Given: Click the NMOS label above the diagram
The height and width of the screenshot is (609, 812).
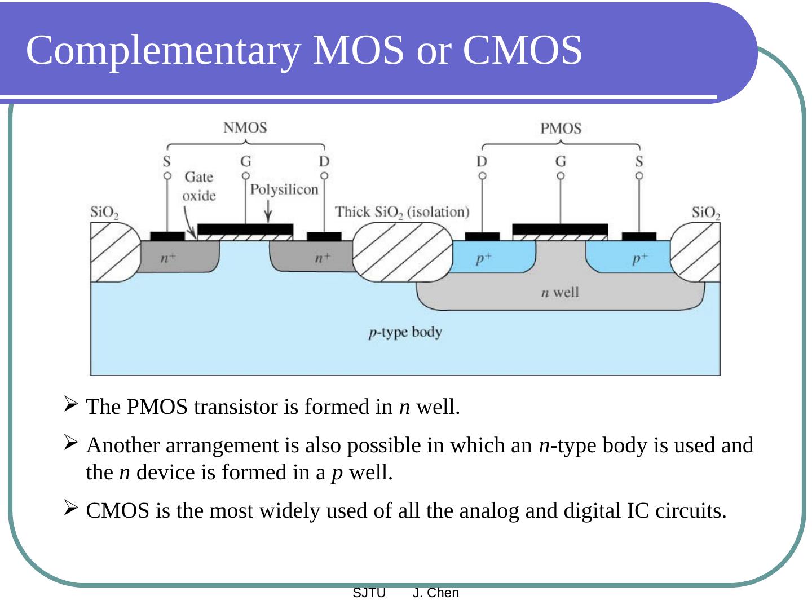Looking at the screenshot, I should point(245,127).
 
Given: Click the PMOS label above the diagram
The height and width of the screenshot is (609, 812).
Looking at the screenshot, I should point(561,129).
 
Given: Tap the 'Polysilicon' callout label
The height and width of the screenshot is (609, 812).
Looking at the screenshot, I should point(284,189).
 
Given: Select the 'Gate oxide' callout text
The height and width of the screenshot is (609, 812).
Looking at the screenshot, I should point(199,186).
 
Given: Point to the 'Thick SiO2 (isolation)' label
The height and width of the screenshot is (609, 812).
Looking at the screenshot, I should point(402,212).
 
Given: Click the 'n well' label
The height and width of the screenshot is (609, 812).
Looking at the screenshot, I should point(560,292).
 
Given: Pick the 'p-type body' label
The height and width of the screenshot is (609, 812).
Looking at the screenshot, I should point(405,332).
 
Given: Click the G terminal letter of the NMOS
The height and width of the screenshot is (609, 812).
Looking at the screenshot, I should point(246,161).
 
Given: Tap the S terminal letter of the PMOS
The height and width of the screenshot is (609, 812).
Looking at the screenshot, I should point(639,162).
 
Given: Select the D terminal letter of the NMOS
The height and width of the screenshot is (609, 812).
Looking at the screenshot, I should point(324,161).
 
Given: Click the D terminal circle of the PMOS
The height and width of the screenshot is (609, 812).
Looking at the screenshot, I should point(482,176).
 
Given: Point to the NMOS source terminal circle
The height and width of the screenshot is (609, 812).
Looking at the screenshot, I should point(167,176).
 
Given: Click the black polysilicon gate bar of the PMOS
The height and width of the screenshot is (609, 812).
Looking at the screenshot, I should point(560,229).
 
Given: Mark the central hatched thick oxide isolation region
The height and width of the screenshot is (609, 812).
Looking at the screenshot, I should point(403,252).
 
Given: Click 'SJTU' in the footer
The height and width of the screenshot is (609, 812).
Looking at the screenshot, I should point(369,593).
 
